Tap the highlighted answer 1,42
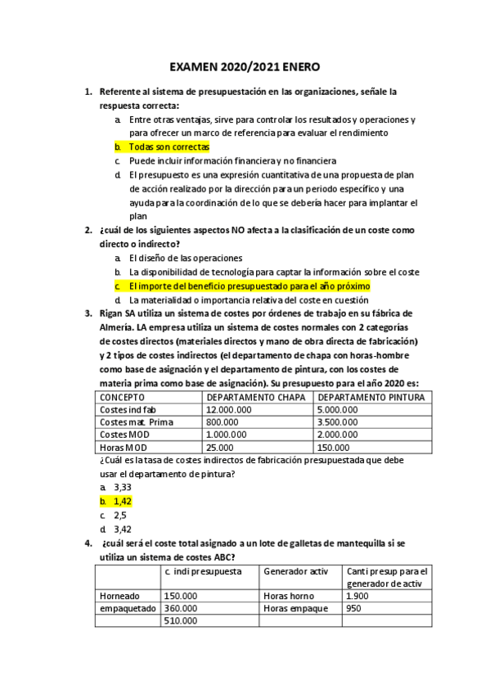point(122,501)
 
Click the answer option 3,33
point(122,486)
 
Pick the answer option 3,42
point(122,530)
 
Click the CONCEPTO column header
point(123,397)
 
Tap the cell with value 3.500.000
point(338,421)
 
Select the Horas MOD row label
point(121,447)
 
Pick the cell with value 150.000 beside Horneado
point(181,596)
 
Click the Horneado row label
point(119,596)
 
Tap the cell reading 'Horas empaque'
point(295,608)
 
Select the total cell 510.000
point(181,621)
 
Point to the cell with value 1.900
point(358,596)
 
